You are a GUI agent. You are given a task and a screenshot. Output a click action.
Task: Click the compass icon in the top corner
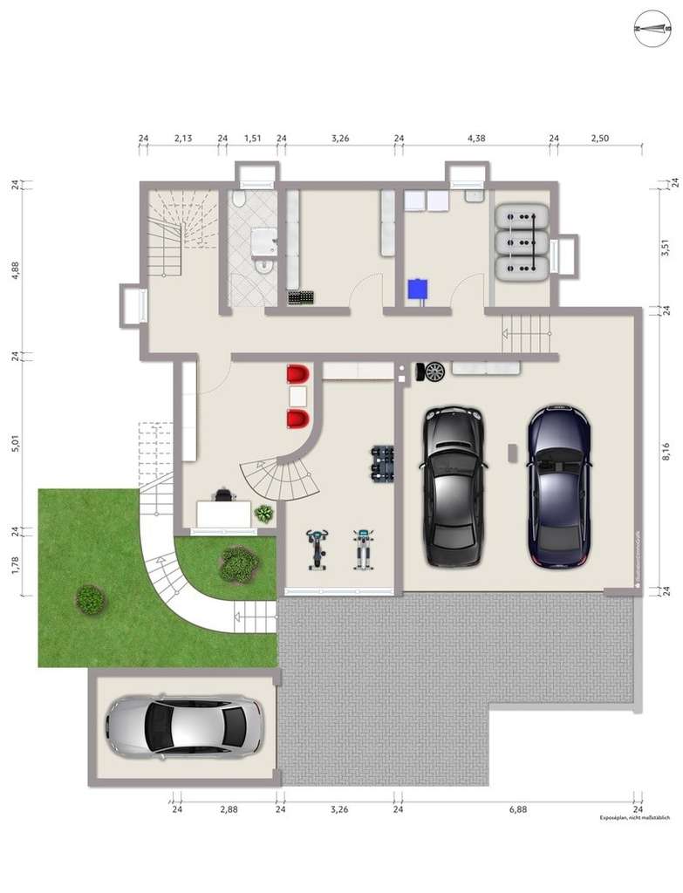[x=652, y=28]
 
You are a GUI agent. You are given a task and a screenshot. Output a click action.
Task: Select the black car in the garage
[x=453, y=486]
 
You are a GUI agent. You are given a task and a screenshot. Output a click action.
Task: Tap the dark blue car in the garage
[x=559, y=485]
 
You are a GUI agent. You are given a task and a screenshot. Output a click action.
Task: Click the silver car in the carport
[x=183, y=726]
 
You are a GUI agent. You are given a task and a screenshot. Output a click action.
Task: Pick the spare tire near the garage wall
[x=434, y=372]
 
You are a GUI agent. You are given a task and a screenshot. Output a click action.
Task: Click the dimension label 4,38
[x=476, y=138]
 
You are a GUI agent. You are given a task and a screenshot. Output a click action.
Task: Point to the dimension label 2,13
[x=183, y=138]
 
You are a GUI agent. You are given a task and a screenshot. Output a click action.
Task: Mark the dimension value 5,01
[x=15, y=442]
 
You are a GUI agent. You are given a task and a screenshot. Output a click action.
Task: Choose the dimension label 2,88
[x=229, y=809]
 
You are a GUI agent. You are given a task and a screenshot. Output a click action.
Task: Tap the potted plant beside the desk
[x=263, y=514]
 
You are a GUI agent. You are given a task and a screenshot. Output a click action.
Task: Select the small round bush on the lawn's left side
[x=91, y=599]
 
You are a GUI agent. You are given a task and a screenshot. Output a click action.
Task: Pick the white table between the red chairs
[x=297, y=397]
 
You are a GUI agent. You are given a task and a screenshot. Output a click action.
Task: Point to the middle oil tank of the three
[x=521, y=242]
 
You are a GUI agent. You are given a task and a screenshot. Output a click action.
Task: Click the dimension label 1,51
[x=252, y=138]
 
